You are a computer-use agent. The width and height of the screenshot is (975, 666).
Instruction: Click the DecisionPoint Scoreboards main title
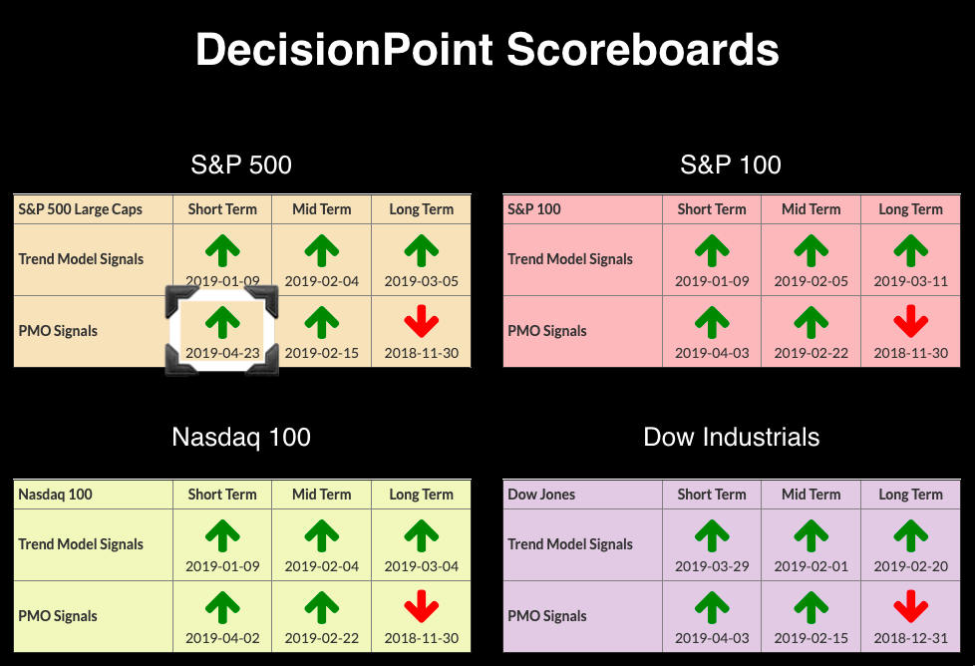[x=487, y=49]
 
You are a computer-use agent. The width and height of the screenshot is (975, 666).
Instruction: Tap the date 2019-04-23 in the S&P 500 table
[x=222, y=353]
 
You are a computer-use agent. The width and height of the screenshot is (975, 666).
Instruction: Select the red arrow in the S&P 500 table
[x=422, y=321]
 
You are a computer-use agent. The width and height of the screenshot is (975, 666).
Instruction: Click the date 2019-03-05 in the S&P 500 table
[x=422, y=281]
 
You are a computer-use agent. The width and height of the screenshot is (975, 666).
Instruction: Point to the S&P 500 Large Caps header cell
[x=80, y=209]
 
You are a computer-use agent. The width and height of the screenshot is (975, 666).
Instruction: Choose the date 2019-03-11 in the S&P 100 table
[x=911, y=281]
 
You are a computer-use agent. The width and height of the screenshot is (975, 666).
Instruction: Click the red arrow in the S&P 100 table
[x=911, y=321]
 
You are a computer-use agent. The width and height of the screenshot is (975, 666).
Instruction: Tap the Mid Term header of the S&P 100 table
[x=811, y=209]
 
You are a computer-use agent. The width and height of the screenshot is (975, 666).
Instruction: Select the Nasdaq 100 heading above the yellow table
[x=241, y=437]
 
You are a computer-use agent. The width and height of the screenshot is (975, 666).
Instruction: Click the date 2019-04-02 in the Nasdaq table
[x=222, y=638]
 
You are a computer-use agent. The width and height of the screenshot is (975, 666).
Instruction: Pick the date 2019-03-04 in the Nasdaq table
[x=422, y=566]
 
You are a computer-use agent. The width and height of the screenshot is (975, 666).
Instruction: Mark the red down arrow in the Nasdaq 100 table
[x=422, y=606]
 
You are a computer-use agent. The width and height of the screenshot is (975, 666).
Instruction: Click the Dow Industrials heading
[x=732, y=437]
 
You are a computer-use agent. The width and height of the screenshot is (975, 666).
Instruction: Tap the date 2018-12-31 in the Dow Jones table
[x=911, y=638]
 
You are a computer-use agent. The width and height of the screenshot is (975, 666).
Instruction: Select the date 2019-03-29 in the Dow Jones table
[x=712, y=566]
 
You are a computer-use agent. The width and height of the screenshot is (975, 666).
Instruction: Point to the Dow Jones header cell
[x=541, y=495]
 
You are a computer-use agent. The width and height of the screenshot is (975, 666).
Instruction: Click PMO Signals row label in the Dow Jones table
[x=547, y=616]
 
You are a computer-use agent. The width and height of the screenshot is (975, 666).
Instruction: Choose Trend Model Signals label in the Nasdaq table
[x=81, y=544]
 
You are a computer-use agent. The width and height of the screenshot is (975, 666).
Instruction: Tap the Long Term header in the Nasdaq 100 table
[x=422, y=495]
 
